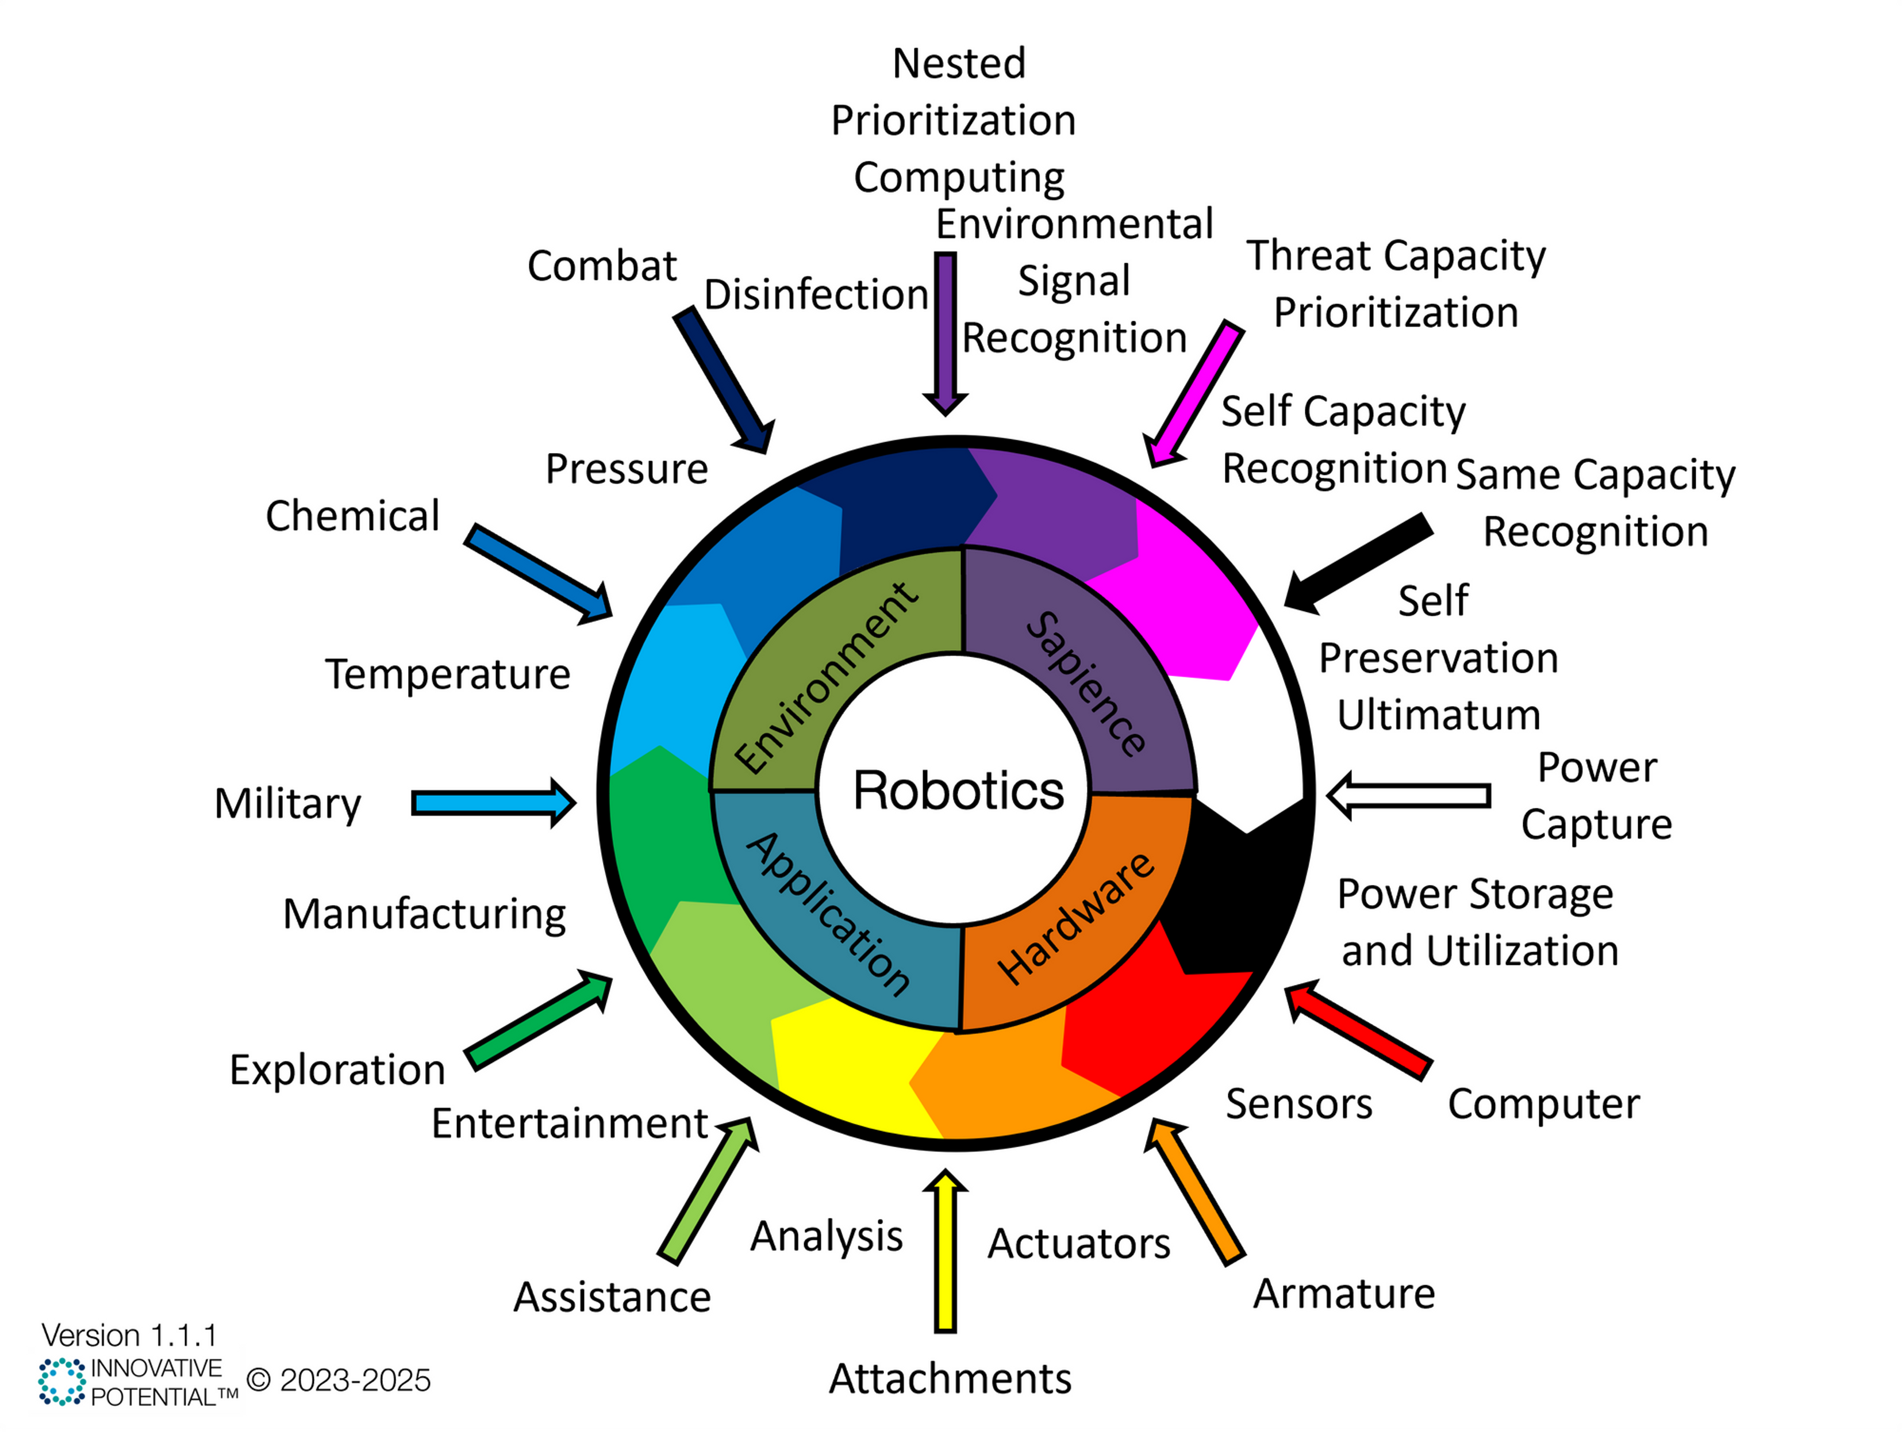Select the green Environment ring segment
(825, 680)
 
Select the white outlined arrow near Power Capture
(1410, 796)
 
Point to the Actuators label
(1078, 1243)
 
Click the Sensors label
(1298, 1103)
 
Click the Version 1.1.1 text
(129, 1335)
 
